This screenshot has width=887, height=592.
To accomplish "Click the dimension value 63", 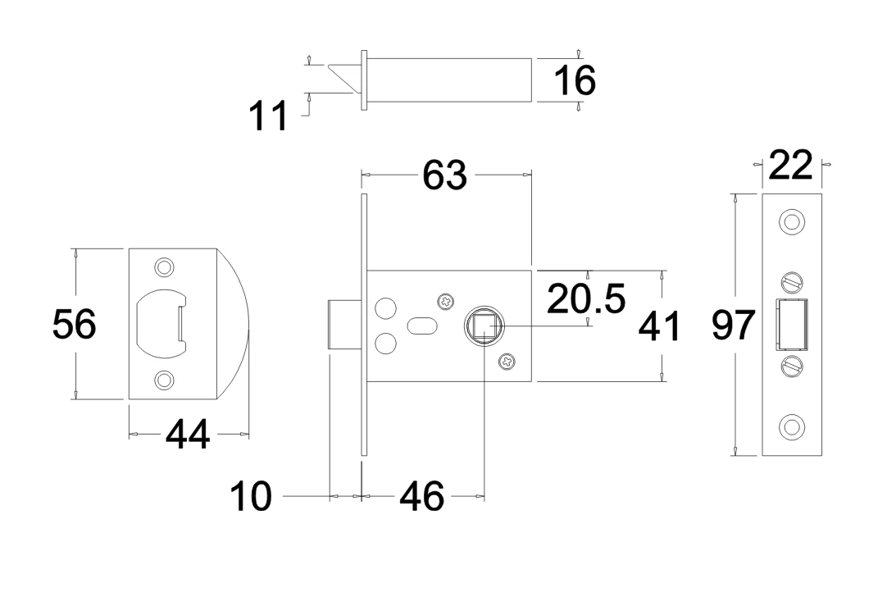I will coord(445,175).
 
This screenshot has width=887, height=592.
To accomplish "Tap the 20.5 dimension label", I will coord(585,299).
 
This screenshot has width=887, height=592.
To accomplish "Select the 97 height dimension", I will coord(733,326).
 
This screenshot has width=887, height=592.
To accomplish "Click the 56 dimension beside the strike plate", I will coord(75,325).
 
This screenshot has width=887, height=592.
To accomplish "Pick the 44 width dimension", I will coord(188,435).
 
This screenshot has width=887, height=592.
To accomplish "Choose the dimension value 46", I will coord(422,496).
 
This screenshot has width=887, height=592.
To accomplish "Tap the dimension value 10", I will coord(251,497).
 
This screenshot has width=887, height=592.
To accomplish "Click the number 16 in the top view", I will coord(574,80).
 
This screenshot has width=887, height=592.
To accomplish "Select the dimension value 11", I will coord(268,116).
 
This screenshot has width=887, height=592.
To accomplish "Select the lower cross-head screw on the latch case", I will coord(507,359).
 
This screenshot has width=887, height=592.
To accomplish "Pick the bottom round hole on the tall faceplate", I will coord(791,426).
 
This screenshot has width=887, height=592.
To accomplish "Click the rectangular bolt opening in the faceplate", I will coord(791,325).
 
